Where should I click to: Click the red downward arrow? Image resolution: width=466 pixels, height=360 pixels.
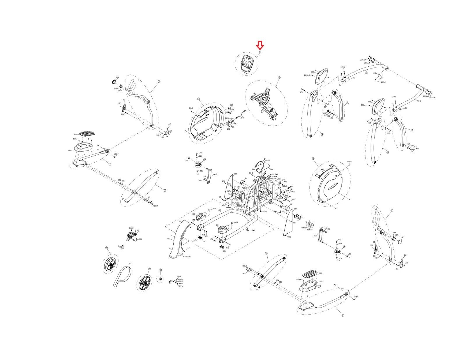260,45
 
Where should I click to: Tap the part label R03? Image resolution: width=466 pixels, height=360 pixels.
130,264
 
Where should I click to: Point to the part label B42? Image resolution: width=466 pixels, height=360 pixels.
253,230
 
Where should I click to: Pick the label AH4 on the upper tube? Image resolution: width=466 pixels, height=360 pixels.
367,73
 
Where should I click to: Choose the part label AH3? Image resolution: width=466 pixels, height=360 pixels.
419,101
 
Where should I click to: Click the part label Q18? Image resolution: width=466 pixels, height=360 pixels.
375,73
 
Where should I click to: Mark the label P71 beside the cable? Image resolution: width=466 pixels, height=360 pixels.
243,118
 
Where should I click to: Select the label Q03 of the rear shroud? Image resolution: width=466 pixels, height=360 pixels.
169,239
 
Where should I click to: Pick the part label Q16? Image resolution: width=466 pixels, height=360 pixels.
217,225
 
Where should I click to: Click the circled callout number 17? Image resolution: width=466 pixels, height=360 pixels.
199,99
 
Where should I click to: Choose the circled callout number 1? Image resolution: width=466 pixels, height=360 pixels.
279,78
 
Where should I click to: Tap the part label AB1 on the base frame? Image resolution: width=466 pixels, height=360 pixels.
220,210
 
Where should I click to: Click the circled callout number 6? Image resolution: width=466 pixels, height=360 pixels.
343,315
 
